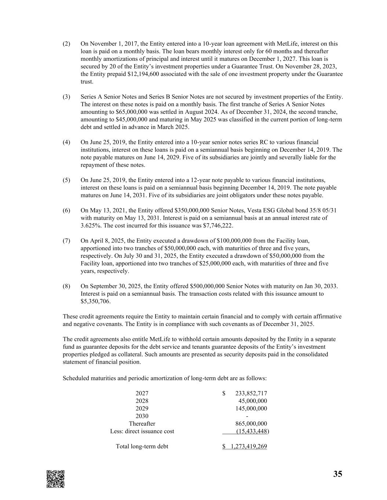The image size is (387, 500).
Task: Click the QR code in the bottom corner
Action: [x=55, y=479]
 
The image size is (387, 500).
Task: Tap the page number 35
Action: [x=338, y=474]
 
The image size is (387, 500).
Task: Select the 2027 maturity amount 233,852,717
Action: [x=251, y=393]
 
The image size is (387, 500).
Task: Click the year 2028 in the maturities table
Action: [x=142, y=401]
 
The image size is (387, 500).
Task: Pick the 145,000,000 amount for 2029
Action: [x=251, y=408]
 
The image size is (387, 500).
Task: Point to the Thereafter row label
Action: [x=142, y=424]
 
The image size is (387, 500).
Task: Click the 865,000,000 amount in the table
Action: [x=251, y=424]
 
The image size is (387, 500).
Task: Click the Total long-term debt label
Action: [x=142, y=447]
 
